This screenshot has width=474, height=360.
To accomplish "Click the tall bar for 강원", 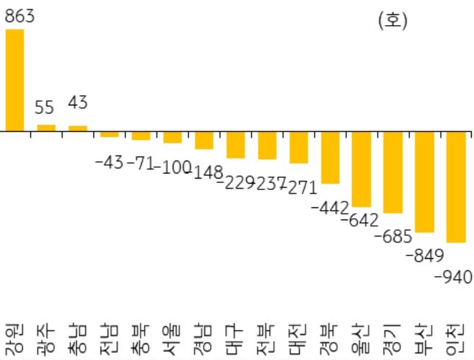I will (x=14, y=80).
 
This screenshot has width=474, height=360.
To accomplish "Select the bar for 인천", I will (x=456, y=187).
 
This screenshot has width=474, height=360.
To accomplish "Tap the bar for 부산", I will (x=425, y=182).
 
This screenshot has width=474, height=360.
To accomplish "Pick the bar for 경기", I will (x=393, y=172).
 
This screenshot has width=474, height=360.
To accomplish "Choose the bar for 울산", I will (x=361, y=169).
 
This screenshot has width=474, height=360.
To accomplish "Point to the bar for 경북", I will (x=330, y=158).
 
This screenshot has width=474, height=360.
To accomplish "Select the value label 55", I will (x=44, y=108).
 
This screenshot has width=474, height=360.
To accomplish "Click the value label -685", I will (x=392, y=235).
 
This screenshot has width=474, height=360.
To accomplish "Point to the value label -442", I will (x=330, y=207).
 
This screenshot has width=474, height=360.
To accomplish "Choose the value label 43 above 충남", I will (x=77, y=103).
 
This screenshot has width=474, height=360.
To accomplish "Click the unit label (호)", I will (x=392, y=21).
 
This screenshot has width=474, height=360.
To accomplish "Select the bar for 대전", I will (x=298, y=148).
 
